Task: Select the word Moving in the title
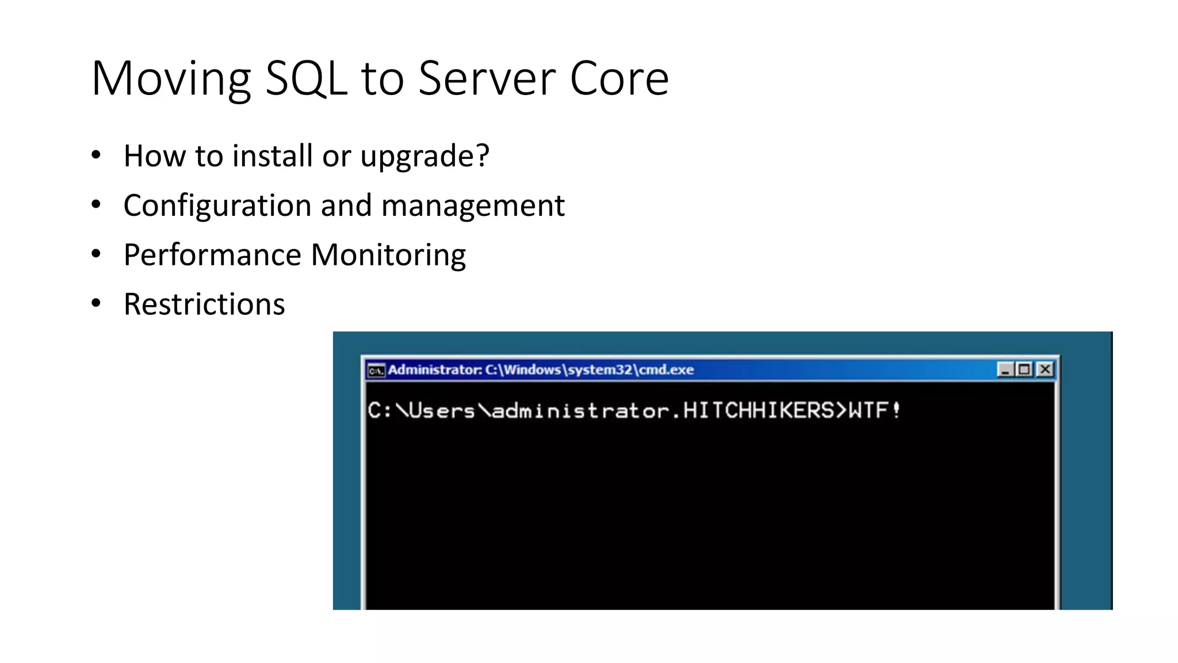pyautogui.click(x=171, y=79)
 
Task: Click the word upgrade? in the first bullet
pyautogui.click(x=424, y=157)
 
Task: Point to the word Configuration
pyautogui.click(x=217, y=206)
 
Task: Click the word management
pyautogui.click(x=473, y=206)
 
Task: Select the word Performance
pyautogui.click(x=212, y=255)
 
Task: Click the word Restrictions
pyautogui.click(x=204, y=304)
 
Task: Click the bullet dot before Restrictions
pyautogui.click(x=96, y=303)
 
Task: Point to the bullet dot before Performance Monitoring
pyautogui.click(x=96, y=253)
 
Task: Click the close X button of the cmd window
pyautogui.click(x=1045, y=369)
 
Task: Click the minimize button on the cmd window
pyautogui.click(x=1005, y=369)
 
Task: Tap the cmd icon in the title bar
pyautogui.click(x=376, y=370)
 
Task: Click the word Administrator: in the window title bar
pyautogui.click(x=435, y=369)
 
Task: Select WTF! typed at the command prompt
pyautogui.click(x=874, y=411)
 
